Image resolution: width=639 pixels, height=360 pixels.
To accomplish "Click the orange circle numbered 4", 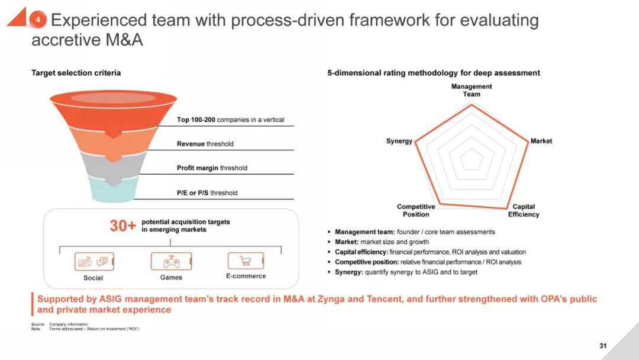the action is [37, 20].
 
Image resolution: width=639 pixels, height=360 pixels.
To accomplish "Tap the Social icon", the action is [94, 261].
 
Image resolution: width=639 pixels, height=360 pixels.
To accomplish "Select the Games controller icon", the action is [170, 261].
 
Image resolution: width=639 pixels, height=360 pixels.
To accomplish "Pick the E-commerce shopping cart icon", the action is [245, 261].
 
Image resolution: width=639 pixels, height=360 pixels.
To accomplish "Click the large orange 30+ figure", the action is [122, 226].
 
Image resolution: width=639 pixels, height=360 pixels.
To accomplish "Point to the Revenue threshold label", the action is [205, 144].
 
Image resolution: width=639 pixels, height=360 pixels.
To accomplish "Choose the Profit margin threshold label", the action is [212, 168].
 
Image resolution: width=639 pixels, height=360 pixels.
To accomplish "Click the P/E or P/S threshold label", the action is [207, 193].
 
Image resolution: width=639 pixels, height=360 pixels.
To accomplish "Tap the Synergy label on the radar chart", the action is [399, 141].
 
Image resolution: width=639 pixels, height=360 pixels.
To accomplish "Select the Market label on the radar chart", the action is [541, 141].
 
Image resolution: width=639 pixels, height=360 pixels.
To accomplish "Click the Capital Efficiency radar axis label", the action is [524, 210].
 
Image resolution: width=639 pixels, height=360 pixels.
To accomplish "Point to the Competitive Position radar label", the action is [416, 210].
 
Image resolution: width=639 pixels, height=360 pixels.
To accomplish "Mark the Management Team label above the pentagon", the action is [472, 90].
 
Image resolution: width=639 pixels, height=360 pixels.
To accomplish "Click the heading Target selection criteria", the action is [76, 73].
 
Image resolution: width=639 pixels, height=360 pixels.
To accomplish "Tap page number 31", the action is [603, 346].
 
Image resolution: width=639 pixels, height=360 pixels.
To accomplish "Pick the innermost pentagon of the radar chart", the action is [471, 159].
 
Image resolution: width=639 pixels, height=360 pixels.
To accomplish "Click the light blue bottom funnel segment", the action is [113, 189].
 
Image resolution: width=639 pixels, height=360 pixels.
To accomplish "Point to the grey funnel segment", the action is [113, 163].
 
